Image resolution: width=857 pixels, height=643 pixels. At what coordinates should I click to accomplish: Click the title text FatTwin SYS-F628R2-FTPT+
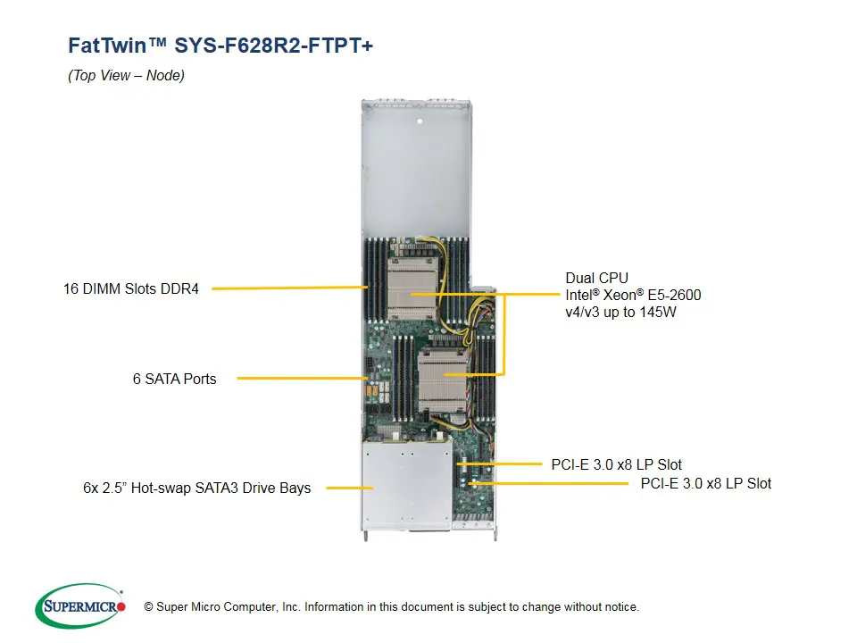point(220,46)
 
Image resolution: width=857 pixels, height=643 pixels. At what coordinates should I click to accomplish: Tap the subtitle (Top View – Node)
point(126,76)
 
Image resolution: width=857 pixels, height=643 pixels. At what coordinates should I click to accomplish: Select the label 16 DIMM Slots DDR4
point(131,288)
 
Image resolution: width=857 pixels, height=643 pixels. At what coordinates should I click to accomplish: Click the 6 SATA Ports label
point(174,379)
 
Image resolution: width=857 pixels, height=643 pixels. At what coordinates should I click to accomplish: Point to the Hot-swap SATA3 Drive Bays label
point(196,488)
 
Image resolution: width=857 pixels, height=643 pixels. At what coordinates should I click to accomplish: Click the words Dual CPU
point(597,278)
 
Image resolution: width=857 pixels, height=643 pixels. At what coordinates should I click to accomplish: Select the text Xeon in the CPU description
point(625,295)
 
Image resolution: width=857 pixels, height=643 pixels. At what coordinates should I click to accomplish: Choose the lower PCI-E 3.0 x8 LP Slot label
point(705,483)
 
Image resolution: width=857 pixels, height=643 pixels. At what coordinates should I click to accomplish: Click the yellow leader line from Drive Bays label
point(348,488)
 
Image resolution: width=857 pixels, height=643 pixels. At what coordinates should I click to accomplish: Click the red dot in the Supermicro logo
point(121,606)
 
